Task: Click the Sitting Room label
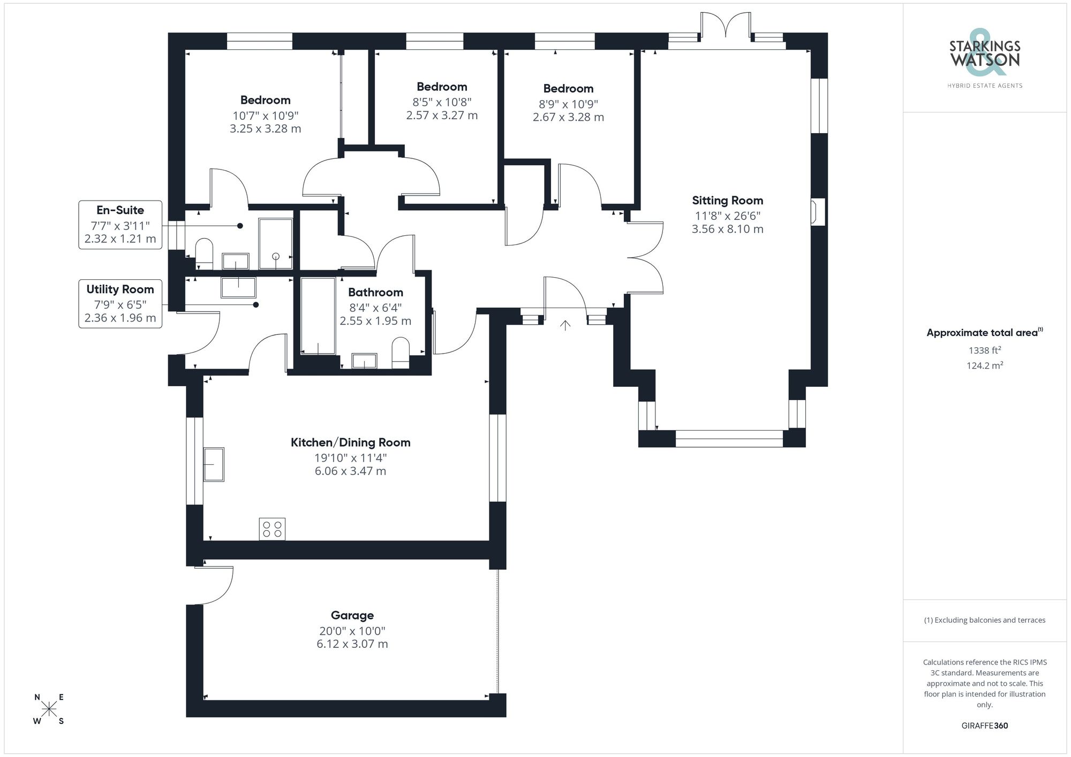(727, 201)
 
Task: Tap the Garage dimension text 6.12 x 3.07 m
(352, 644)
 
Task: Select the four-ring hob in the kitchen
(272, 529)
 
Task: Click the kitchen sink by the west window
(214, 464)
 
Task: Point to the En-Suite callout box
(120, 225)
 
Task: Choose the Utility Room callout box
(120, 303)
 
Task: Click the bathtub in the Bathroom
(318, 316)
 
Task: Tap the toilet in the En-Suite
(204, 254)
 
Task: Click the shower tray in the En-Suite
(276, 243)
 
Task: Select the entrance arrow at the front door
(565, 325)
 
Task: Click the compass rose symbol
(49, 709)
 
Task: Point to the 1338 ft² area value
(984, 350)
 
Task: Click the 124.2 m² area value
(984, 366)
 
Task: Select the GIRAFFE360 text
(984, 726)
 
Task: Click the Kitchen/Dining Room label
(350, 442)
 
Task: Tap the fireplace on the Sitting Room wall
(818, 212)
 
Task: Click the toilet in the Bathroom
(401, 354)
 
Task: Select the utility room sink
(238, 287)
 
